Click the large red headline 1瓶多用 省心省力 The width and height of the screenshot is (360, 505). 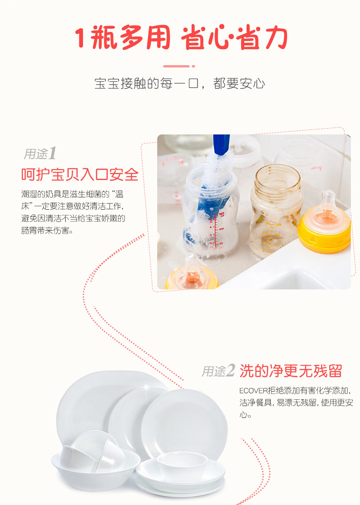[180, 38]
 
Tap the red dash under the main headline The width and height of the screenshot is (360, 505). [176, 67]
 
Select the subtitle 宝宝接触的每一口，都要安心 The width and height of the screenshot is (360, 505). [180, 84]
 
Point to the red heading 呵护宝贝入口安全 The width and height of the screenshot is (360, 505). [80, 175]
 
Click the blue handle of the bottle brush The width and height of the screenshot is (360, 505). [221, 144]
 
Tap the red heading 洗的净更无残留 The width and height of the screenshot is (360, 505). [290, 371]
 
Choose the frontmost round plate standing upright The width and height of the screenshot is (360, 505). [184, 423]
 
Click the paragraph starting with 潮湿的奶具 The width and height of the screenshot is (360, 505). [73, 212]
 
